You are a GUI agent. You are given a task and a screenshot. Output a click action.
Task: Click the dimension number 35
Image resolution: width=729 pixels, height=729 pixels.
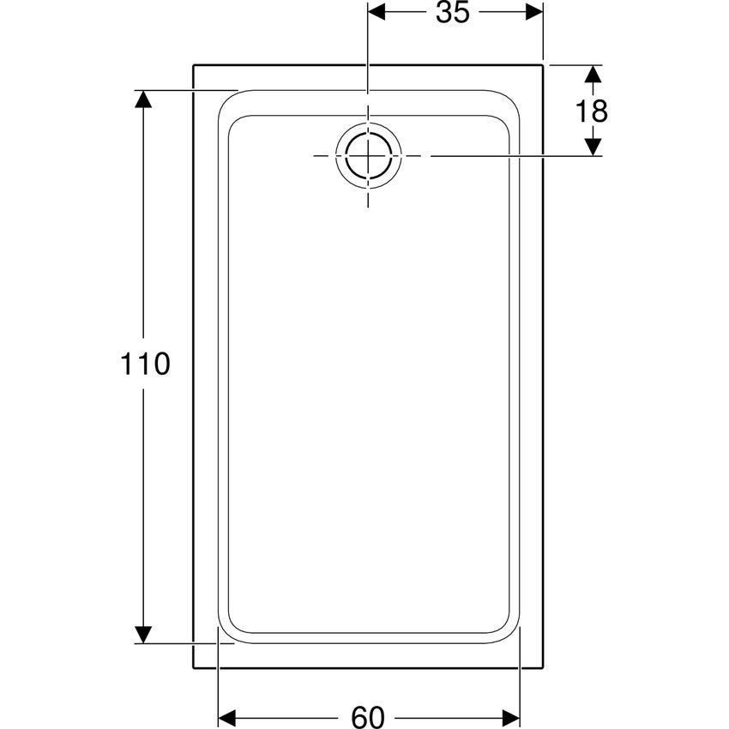(x=454, y=13)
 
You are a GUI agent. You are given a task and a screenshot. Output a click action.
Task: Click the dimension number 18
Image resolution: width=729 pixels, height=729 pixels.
(x=592, y=111)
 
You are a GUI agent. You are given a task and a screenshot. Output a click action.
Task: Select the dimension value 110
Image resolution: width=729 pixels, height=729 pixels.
(x=145, y=364)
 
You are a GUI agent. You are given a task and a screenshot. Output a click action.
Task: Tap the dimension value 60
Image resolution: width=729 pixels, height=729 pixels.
(x=368, y=716)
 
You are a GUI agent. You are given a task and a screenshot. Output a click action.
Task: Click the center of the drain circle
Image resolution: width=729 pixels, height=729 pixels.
(x=368, y=156)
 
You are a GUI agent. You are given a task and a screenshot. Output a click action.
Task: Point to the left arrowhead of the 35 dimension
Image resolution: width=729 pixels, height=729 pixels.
(x=377, y=13)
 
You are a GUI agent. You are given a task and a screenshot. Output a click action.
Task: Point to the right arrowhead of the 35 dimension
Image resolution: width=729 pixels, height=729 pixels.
(x=534, y=13)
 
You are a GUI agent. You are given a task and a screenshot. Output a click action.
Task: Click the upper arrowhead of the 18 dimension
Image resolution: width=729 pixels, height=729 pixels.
(x=593, y=74)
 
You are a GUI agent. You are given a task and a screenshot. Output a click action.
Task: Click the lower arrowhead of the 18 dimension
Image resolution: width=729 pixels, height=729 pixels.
(x=593, y=147)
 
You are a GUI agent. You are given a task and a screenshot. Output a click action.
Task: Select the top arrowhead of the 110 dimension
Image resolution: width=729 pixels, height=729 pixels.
(x=143, y=99)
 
